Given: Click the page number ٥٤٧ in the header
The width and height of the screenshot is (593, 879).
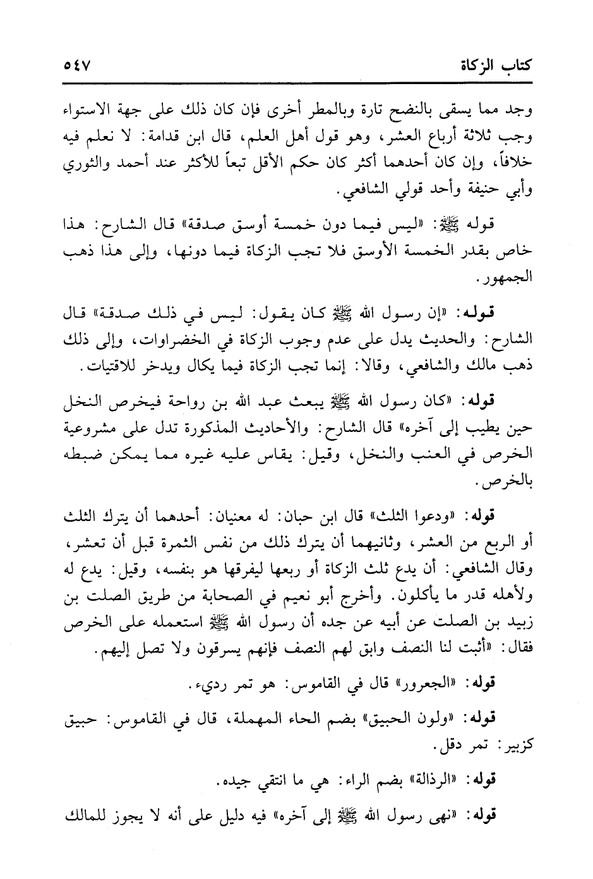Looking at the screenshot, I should [78, 65].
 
